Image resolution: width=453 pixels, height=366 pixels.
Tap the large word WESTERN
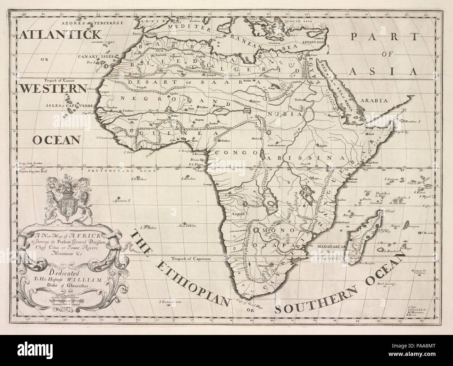click(x=52, y=89)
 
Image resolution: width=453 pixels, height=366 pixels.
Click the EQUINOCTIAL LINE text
click(x=107, y=171)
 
